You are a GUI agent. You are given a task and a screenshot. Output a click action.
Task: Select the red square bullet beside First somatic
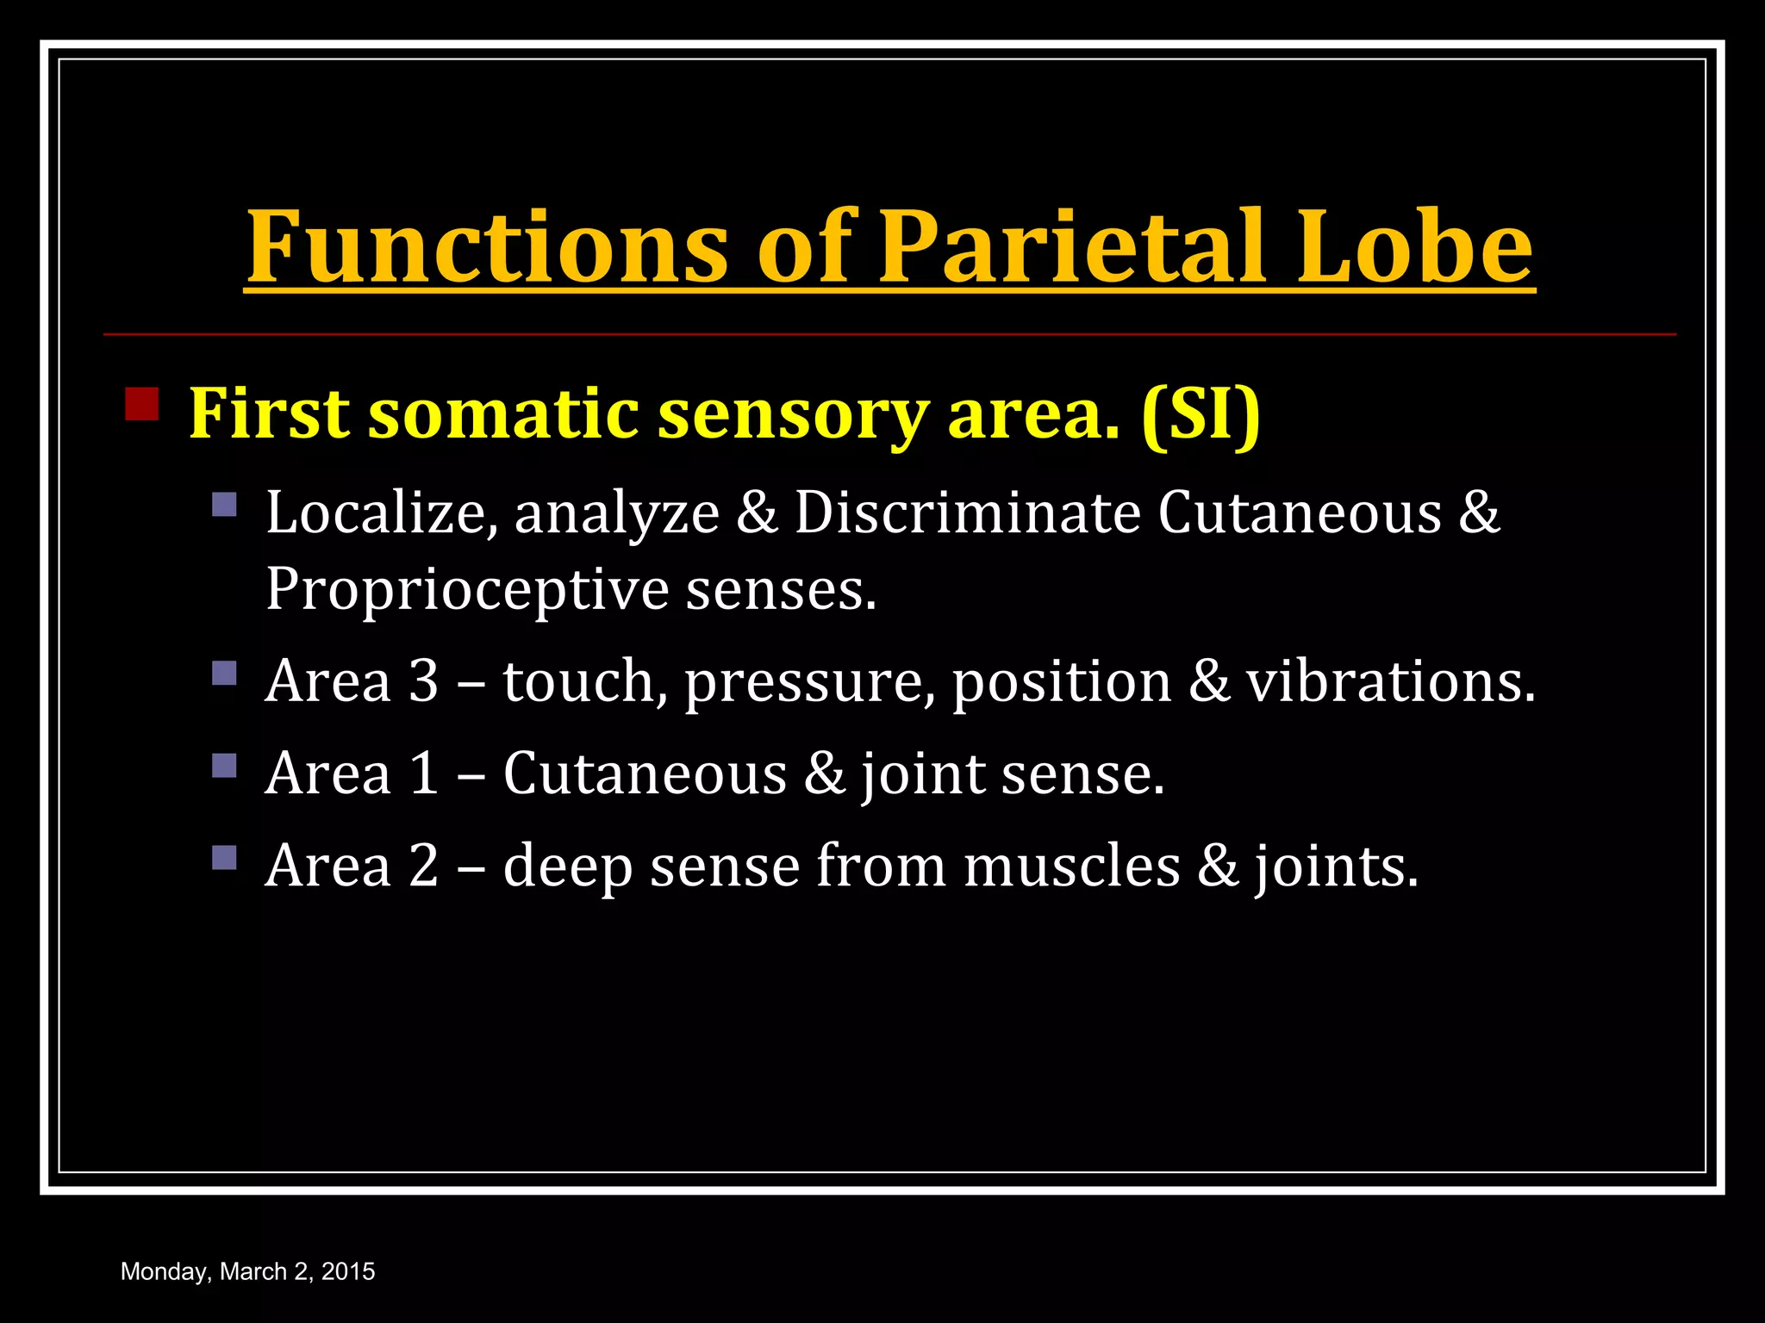[142, 404]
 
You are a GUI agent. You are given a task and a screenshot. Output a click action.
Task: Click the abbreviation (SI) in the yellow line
[1201, 413]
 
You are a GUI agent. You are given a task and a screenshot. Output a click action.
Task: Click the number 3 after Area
[423, 681]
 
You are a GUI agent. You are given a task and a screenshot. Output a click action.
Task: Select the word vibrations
[1390, 681]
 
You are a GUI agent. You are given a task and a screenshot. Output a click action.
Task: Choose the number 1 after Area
[423, 773]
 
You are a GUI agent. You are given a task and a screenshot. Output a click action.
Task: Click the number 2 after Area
[423, 866]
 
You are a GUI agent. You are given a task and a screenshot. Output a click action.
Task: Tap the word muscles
[1071, 866]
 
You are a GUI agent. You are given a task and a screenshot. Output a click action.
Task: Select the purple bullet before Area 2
[224, 857]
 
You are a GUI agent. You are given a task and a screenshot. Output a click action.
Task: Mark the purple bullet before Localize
[224, 504]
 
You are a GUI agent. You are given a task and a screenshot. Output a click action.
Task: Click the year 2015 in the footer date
[348, 1271]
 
